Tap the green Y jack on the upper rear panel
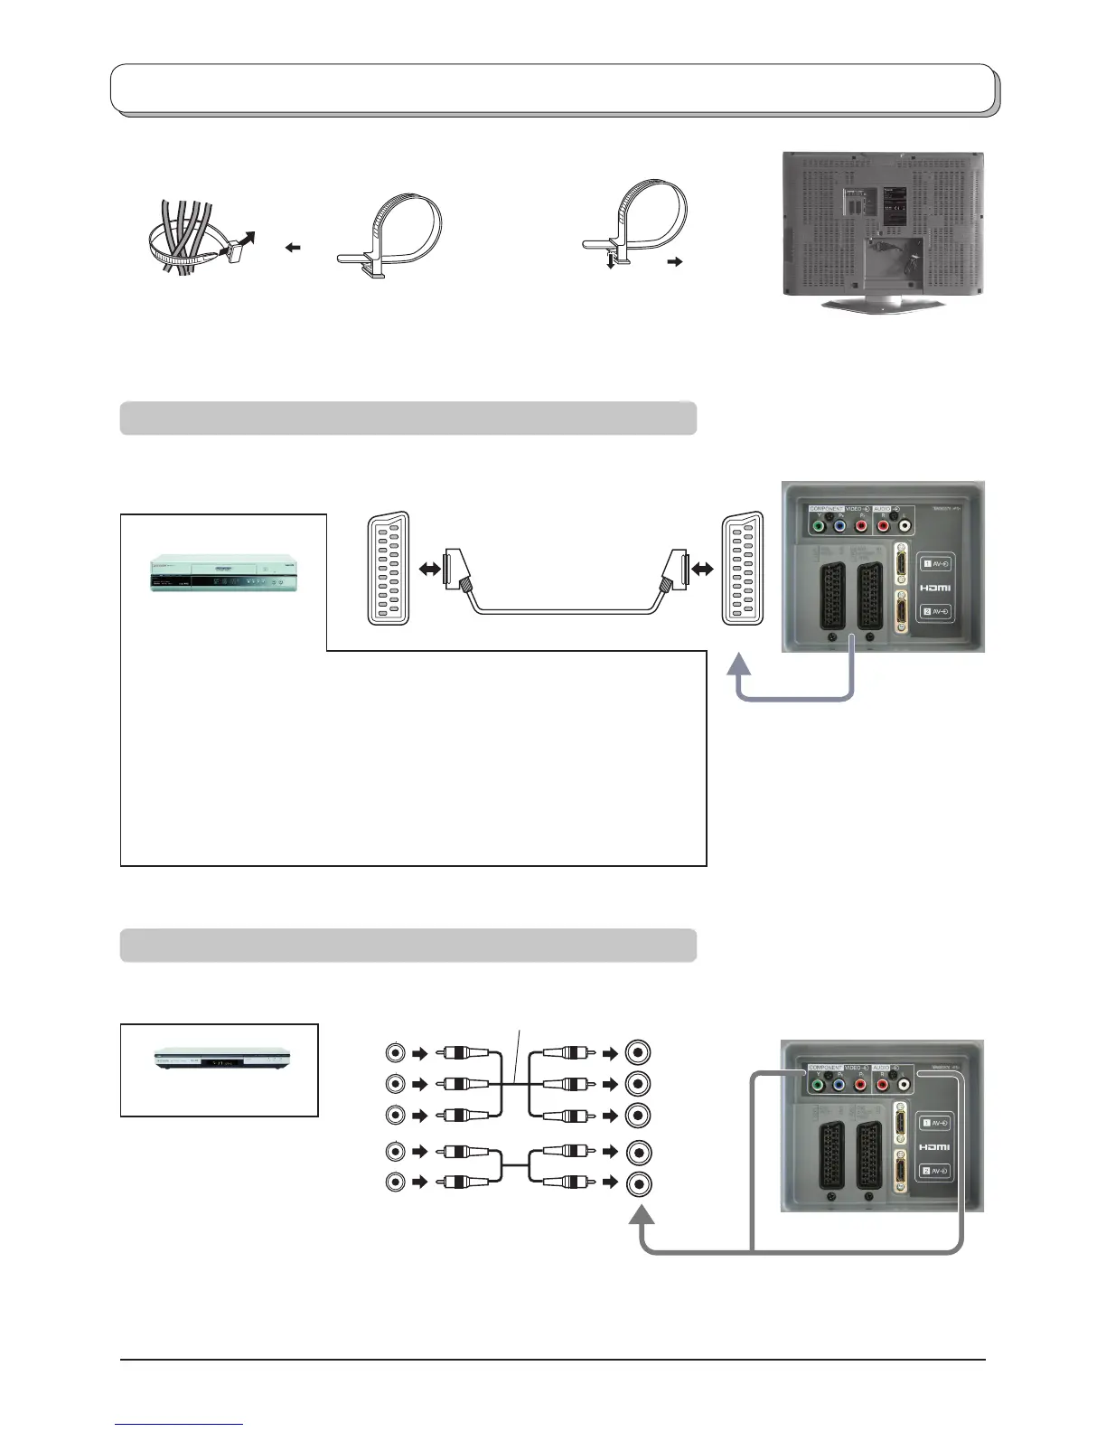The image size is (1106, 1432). [818, 525]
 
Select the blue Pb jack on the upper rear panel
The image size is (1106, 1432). [839, 525]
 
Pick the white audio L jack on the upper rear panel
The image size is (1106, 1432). [904, 525]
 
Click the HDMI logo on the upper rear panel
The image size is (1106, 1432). [935, 588]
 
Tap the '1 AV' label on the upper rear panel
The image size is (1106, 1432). [935, 564]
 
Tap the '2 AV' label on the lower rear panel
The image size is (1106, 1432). [935, 1171]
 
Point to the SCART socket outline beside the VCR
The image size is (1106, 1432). [389, 569]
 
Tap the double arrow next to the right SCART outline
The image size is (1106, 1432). [699, 569]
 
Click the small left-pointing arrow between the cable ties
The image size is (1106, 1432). [293, 248]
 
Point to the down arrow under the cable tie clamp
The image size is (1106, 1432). [611, 261]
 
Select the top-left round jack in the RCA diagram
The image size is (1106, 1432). [396, 1052]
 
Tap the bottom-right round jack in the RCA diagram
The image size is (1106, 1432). [639, 1183]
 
